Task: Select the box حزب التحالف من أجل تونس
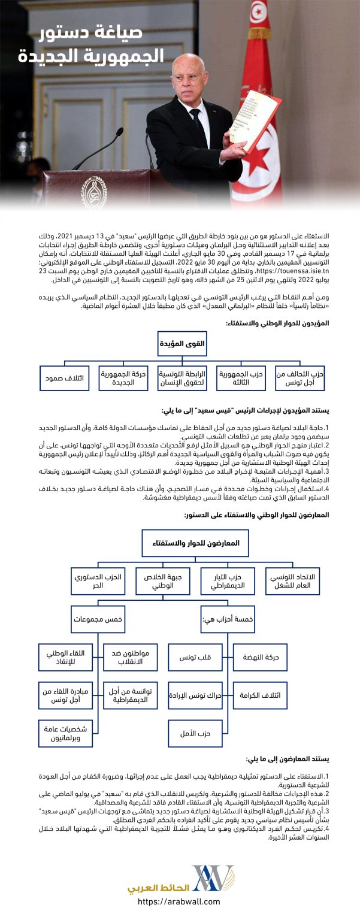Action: point(300,378)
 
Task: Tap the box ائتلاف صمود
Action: point(65,378)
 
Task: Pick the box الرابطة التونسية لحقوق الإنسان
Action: point(182,378)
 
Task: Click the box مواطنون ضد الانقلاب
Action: point(131,657)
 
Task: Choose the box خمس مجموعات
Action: point(98,620)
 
